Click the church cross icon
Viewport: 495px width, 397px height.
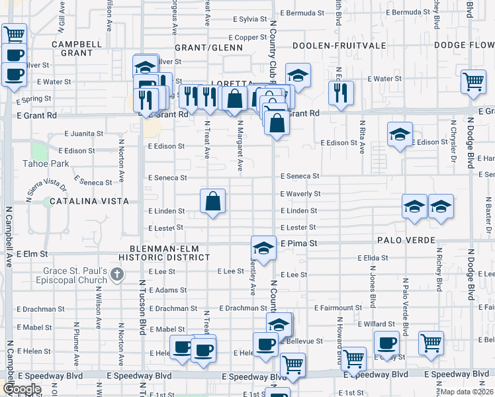tap(116, 273)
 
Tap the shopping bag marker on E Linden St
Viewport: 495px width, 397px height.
tap(213, 201)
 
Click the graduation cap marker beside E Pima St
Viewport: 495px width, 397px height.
tap(263, 249)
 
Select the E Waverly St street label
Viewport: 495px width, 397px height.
tap(300, 194)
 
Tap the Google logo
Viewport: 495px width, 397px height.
tap(22, 389)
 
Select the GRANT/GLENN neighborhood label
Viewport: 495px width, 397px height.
tap(209, 48)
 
